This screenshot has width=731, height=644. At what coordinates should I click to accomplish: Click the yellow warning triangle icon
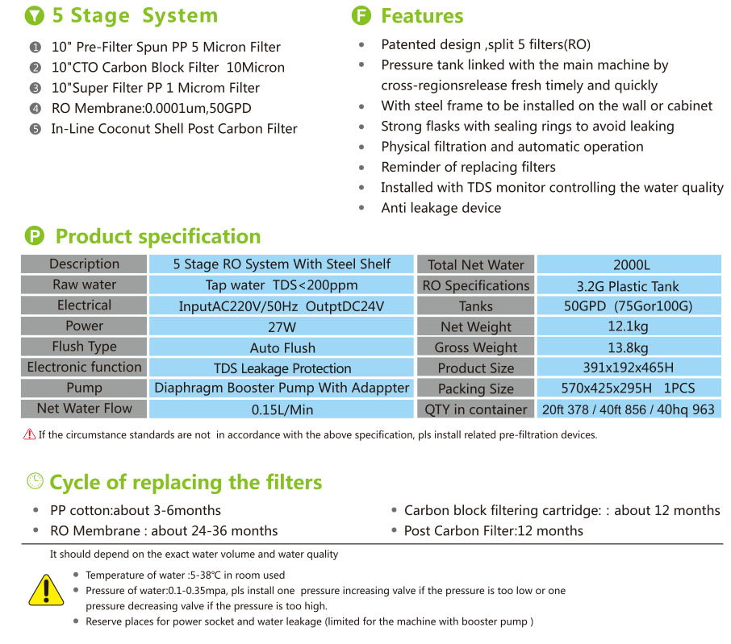pos(46,590)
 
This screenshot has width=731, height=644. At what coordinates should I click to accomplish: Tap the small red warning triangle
pos(29,434)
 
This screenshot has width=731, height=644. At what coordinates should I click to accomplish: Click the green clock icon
pos(35,481)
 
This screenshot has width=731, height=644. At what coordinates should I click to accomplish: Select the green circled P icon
pos(35,235)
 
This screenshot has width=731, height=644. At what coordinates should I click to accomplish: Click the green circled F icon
pos(361,15)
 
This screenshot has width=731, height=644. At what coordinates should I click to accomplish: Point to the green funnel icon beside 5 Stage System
pos(35,15)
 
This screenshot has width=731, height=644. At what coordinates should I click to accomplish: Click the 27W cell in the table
pos(281,326)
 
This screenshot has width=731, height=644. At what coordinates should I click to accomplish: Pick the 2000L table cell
pos(629,264)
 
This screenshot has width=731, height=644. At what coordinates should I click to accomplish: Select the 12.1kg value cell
pos(629,326)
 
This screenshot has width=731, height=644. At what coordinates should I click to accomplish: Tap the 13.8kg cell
pos(629,347)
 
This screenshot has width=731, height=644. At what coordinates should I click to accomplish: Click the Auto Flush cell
pos(281,347)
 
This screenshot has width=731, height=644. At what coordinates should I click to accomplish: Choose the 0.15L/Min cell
pos(281,409)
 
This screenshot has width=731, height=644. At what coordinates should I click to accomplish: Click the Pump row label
pos(84,388)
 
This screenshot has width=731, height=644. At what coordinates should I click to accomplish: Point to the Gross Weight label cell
pos(475,347)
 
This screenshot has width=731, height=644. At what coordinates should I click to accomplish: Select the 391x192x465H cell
pos(629,368)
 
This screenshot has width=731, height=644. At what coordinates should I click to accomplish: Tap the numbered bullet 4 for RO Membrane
pos(35,109)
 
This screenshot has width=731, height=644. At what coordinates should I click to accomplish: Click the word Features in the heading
pos(422,16)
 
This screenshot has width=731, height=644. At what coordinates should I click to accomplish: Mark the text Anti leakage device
pos(441,208)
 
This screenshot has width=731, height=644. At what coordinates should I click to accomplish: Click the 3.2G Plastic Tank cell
pos(629,285)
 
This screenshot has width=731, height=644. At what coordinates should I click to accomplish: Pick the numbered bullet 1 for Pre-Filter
pos(35,47)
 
